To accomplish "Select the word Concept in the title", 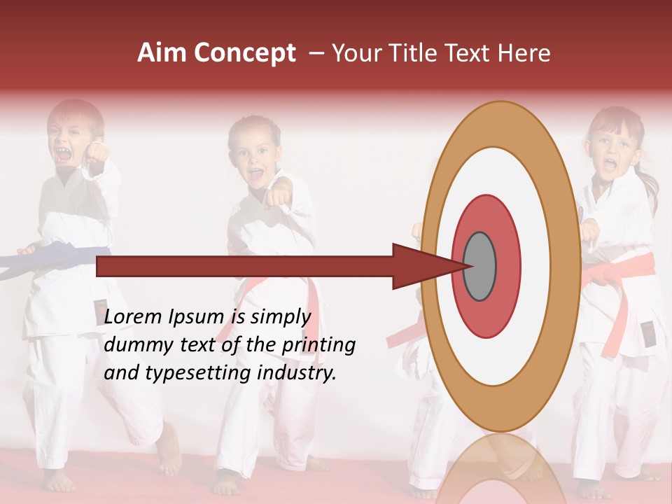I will click(245, 54).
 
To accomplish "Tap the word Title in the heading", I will click(414, 53).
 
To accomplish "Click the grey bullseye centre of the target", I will click(479, 266).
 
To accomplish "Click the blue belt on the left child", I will click(63, 258).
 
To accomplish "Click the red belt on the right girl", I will click(619, 269).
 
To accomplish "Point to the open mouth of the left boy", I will click(64, 155).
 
